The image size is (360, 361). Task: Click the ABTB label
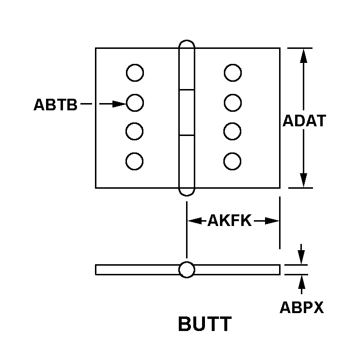coord(55,105)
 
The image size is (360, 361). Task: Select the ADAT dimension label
coord(304,120)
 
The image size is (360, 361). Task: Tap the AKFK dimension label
coord(229,221)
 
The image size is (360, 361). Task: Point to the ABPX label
coord(301,308)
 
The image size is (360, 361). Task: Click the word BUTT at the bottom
coord(204,324)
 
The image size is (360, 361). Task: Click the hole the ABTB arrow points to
coord(135,103)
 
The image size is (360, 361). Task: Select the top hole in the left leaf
coord(135,74)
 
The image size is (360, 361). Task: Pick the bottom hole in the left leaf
coord(135,161)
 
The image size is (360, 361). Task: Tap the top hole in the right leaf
coord(233,74)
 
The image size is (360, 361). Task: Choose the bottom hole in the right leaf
coord(233,161)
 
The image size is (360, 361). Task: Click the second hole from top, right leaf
coord(233,103)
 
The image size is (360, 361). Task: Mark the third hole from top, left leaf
coord(135,131)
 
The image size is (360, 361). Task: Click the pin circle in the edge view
coord(187,270)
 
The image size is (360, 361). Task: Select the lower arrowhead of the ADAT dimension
coord(303,180)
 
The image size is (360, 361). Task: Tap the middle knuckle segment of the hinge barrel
coord(187,113)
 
